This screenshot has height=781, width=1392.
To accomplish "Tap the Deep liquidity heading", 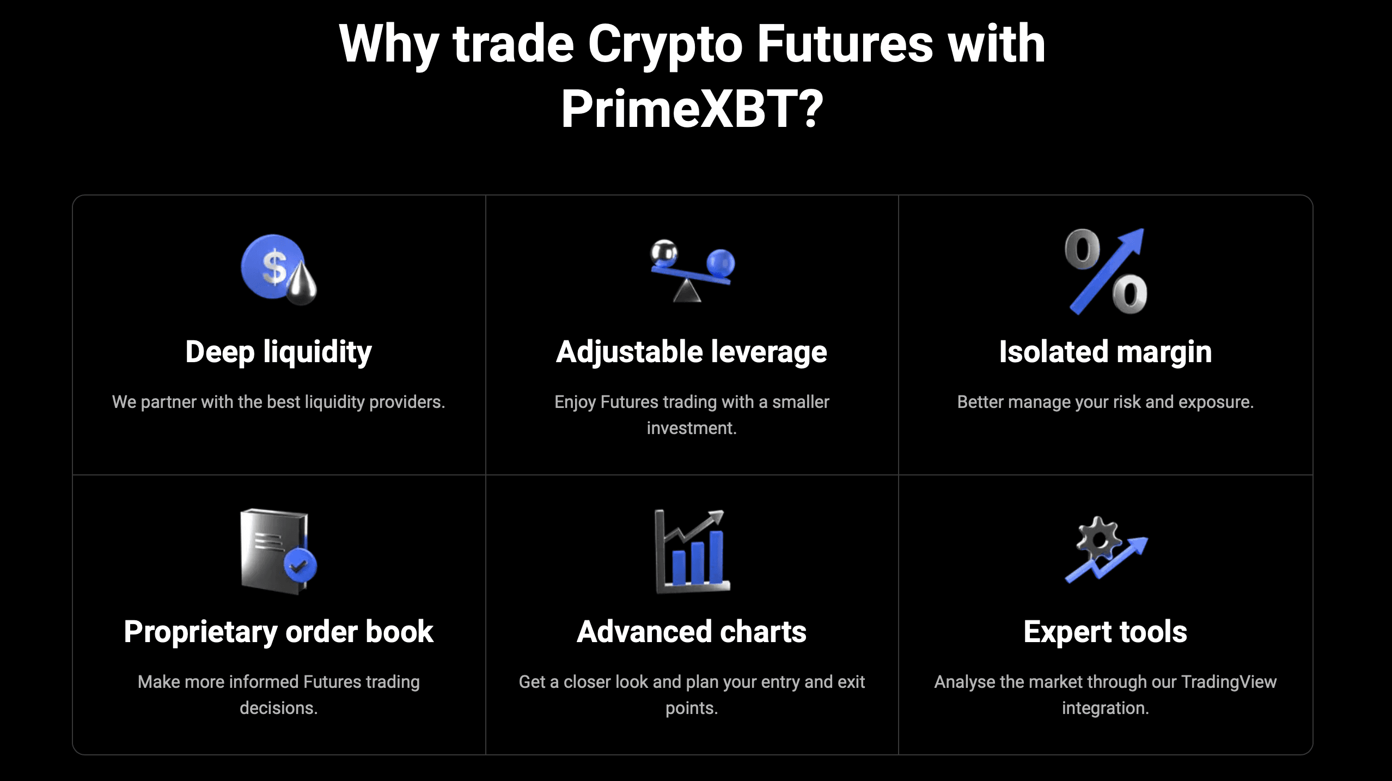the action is pyautogui.click(x=278, y=352).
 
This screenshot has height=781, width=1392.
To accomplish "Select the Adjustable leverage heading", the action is pyautogui.click(x=692, y=352).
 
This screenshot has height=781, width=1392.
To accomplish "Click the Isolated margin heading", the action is pyautogui.click(x=1106, y=352).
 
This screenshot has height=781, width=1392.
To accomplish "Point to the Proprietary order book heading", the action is pyautogui.click(x=278, y=632).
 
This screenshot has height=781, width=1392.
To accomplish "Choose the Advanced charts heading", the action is pyautogui.click(x=692, y=632).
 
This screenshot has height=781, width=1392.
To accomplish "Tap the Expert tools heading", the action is pyautogui.click(x=1106, y=632).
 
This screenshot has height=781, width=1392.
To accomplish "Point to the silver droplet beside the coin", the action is pyautogui.click(x=302, y=283).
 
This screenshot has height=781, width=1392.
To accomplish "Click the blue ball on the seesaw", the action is pyautogui.click(x=721, y=263).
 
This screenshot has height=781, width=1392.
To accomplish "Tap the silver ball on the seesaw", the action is pyautogui.click(x=664, y=252).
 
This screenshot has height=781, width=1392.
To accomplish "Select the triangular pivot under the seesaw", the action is pyautogui.click(x=687, y=291).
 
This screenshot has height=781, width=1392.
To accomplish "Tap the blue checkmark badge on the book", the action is pyautogui.click(x=300, y=565).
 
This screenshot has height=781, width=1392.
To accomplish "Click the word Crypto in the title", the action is pyautogui.click(x=665, y=45).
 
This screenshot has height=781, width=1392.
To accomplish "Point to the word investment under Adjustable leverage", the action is pyautogui.click(x=692, y=428).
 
